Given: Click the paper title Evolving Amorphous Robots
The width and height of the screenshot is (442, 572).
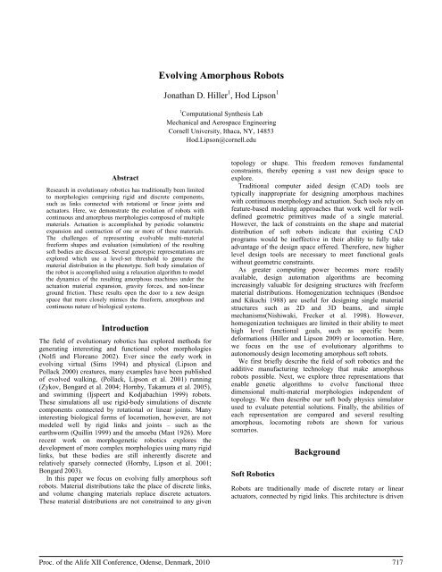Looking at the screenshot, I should tap(221, 54).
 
